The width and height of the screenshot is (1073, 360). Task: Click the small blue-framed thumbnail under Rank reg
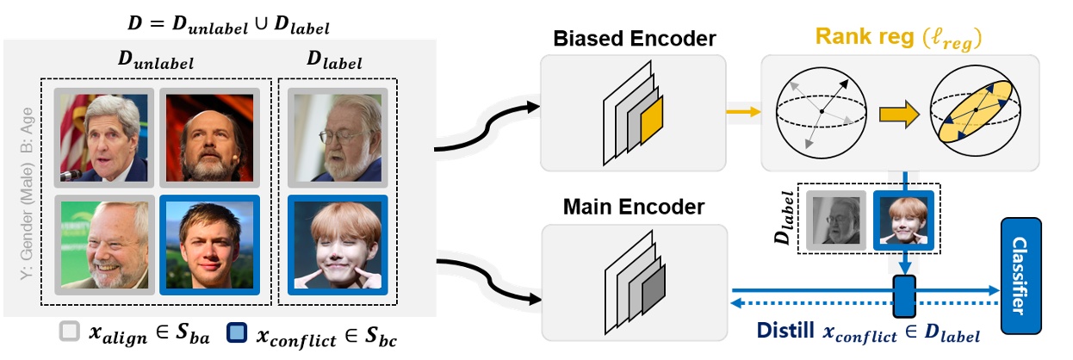pyautogui.click(x=903, y=220)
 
